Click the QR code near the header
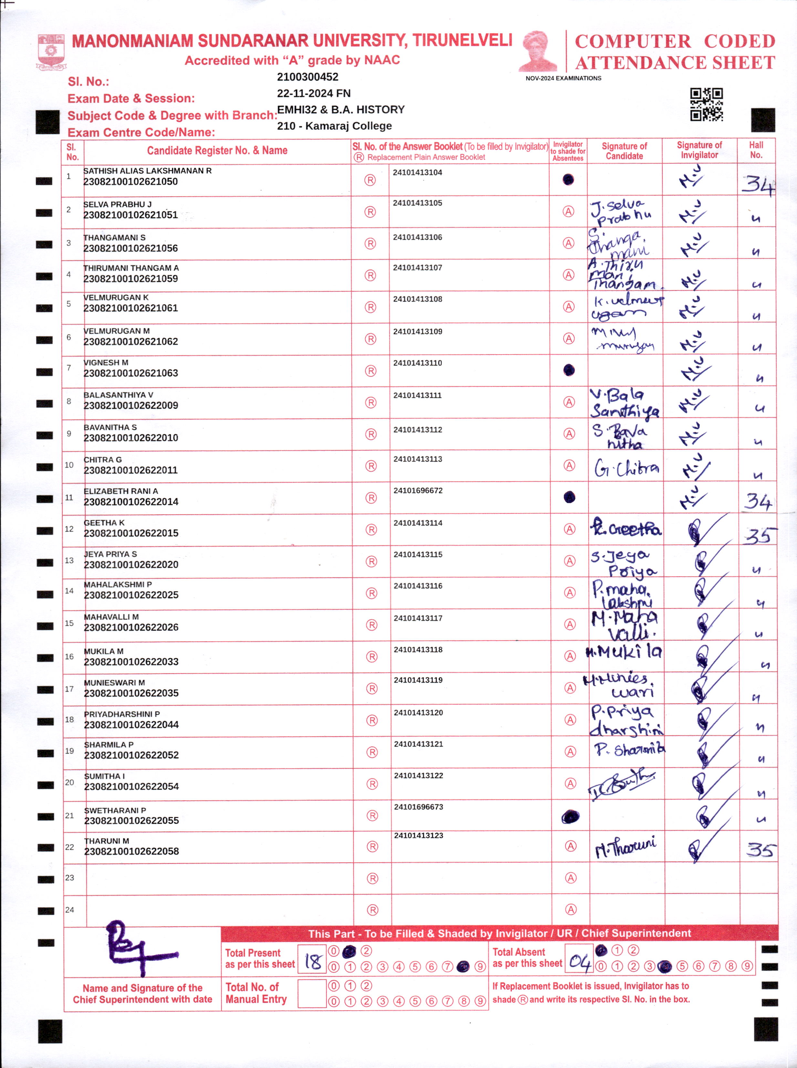tap(706, 104)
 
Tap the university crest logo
tap(51, 52)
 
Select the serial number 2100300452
tap(307, 77)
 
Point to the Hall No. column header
tap(756, 150)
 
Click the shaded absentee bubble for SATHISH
tap(568, 180)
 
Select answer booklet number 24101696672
tap(418, 491)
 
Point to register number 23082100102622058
tap(131, 851)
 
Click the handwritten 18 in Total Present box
tap(312, 962)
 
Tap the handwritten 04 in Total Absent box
tap(579, 962)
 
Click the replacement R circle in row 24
tap(372, 910)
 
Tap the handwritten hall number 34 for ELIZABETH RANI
tap(757, 502)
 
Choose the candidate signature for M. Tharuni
tap(626, 848)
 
